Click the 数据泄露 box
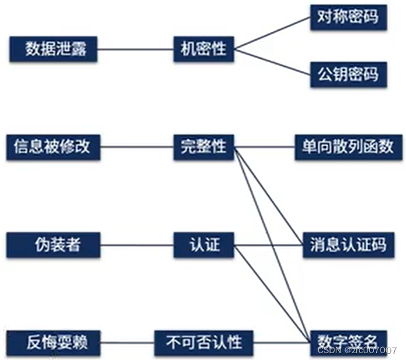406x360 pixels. click(53, 48)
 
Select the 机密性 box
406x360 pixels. click(203, 48)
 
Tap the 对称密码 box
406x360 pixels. click(348, 18)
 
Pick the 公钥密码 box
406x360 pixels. click(348, 75)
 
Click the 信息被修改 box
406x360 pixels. click(53, 147)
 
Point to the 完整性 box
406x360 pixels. click(203, 147)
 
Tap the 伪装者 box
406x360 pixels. click(53, 244)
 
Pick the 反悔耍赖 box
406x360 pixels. click(53, 341)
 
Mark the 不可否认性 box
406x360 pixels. click(204, 341)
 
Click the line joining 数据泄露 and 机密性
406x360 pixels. click(136, 48)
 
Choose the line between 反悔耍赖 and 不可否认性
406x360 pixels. click(127, 341)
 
